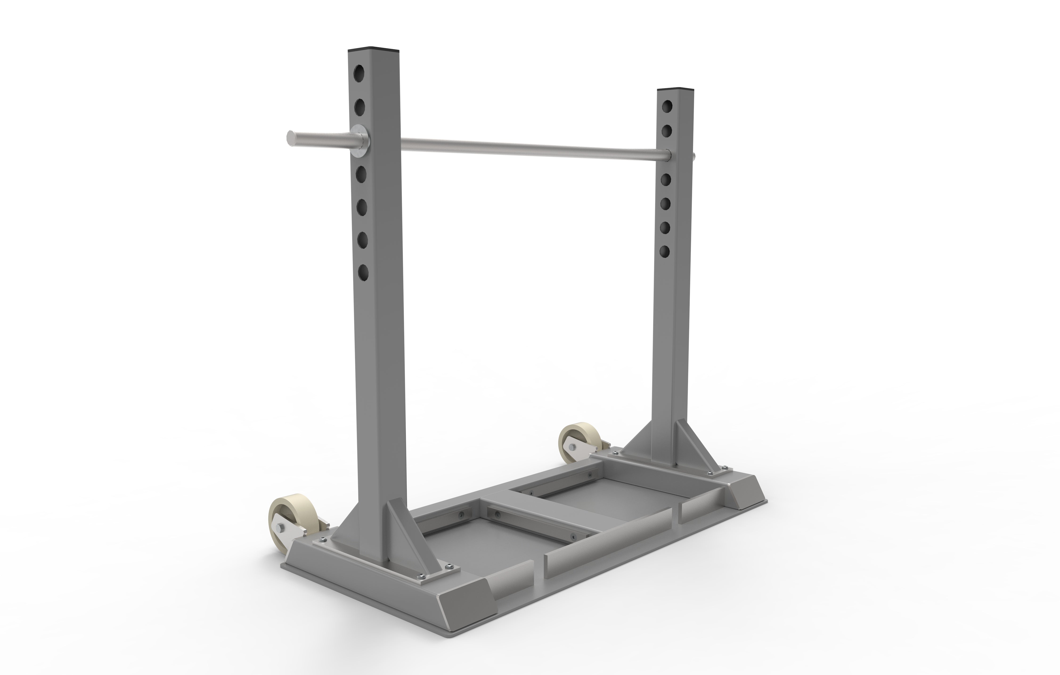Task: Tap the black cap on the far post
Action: coord(676,89)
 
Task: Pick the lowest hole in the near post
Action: coord(363,272)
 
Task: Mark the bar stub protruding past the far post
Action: coord(693,155)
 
